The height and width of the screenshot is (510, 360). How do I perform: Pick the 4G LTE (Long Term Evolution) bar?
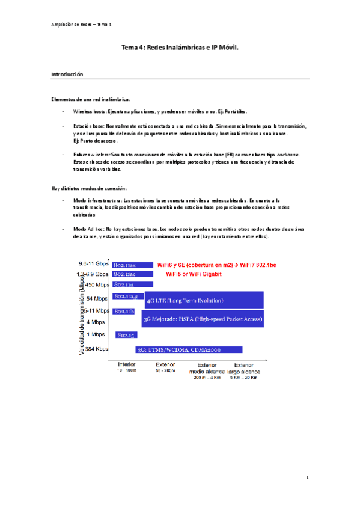point(204,300)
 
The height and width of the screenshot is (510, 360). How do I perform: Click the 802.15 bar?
point(127,334)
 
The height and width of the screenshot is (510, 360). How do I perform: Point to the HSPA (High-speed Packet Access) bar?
point(203,319)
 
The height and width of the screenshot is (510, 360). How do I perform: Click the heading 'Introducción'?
point(67,75)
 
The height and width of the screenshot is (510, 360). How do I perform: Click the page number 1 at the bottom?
point(307,478)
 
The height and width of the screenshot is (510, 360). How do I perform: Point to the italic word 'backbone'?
point(286,155)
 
